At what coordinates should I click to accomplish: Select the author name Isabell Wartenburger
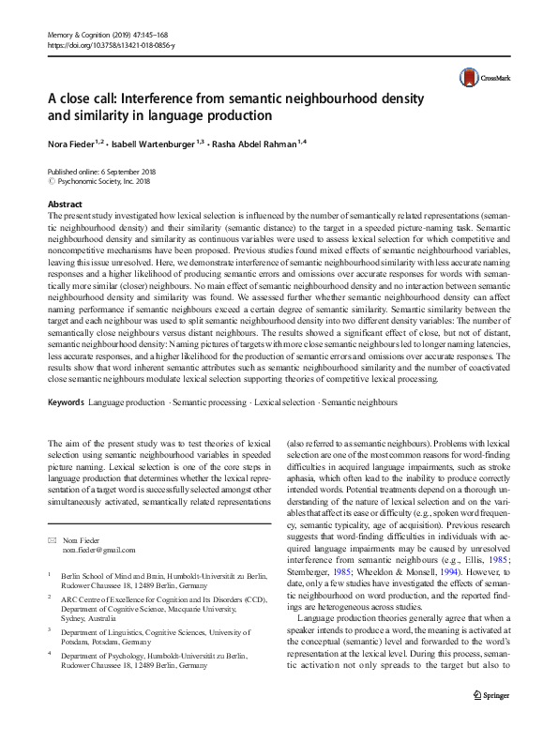click(x=162, y=144)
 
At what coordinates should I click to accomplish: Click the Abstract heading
click(x=65, y=204)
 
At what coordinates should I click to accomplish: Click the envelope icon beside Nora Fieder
click(x=52, y=539)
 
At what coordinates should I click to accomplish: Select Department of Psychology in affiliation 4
click(x=109, y=656)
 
